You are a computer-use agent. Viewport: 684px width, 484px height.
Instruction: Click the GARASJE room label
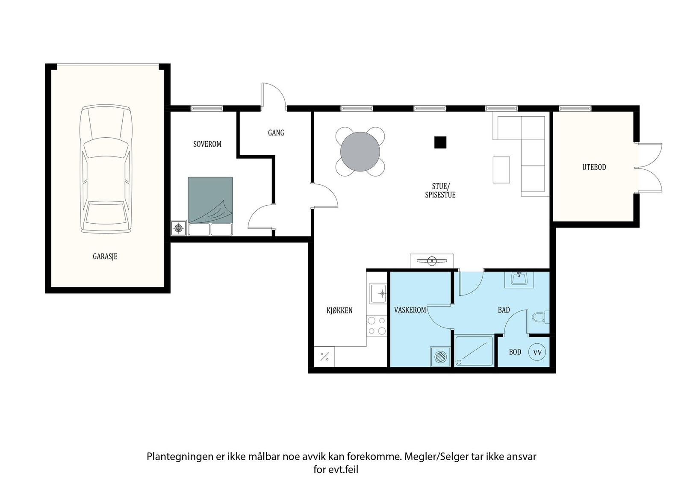pos(105,256)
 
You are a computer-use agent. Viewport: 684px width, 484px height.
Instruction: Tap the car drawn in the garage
pos(106,169)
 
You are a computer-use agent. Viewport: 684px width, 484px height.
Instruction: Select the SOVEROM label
pos(207,144)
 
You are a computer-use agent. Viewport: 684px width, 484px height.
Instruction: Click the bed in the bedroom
pos(210,206)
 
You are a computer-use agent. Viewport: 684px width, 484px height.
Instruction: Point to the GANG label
pos(276,133)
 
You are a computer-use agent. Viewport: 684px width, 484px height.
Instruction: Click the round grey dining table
pos(360,151)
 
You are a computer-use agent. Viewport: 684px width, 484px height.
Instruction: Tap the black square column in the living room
pos(440,142)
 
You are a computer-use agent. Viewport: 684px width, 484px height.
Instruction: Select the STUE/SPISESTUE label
pos(440,191)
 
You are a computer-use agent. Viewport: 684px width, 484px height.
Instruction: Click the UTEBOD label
pos(594,167)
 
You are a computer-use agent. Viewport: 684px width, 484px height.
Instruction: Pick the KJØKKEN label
pos(339,310)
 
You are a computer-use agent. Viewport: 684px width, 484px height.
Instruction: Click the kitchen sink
pos(378,293)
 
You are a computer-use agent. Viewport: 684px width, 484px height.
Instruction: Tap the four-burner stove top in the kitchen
pos(377,326)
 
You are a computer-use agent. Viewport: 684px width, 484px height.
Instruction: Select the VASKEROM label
pos(410,310)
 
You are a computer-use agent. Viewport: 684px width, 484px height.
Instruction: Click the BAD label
pos(504,310)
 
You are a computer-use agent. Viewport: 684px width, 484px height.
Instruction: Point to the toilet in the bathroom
pos(540,317)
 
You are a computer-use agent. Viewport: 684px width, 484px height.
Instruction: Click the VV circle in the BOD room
pos(537,352)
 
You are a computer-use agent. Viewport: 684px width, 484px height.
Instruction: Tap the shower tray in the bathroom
pos(474,351)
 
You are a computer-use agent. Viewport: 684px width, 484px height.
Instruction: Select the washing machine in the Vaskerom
pos(440,356)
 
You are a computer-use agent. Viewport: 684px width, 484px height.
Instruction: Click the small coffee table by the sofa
pos(501,170)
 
